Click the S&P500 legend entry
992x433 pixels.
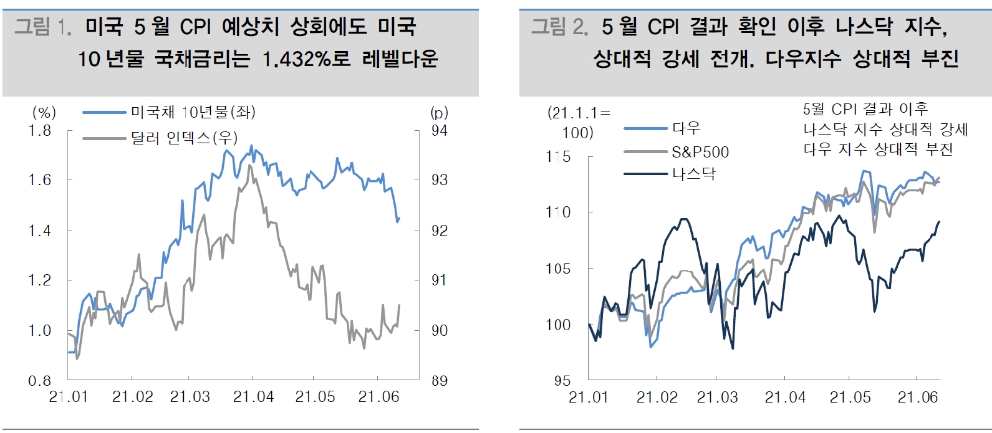699,151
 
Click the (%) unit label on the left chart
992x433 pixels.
44,111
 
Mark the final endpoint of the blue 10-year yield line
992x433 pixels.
398,220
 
